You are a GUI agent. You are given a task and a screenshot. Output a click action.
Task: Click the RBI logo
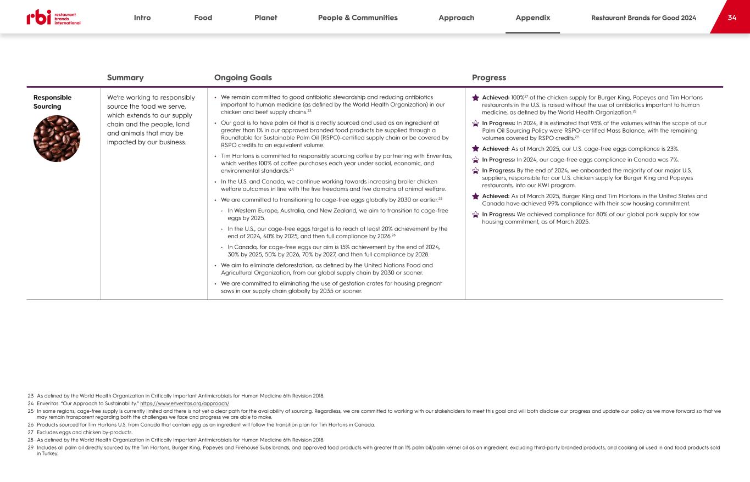click(53, 18)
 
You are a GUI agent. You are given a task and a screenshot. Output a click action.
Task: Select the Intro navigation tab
click(142, 18)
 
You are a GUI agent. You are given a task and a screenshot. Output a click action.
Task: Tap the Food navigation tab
click(203, 18)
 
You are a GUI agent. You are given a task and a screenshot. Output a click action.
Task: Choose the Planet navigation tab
click(265, 18)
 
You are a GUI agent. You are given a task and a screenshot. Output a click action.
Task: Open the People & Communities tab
click(358, 18)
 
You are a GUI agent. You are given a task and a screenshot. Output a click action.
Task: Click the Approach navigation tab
click(456, 18)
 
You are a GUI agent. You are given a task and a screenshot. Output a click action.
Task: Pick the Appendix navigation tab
click(532, 18)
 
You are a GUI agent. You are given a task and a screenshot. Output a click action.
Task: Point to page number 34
click(732, 18)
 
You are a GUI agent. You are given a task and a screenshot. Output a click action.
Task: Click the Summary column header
click(125, 78)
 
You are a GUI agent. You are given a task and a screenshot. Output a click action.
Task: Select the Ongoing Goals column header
click(243, 78)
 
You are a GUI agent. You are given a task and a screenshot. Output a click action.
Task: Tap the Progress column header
click(488, 78)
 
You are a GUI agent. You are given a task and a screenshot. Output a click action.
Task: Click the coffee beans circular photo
click(57, 138)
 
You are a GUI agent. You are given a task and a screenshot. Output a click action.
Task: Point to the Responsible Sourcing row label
click(52, 102)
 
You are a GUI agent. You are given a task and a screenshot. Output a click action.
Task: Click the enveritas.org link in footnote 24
click(185, 403)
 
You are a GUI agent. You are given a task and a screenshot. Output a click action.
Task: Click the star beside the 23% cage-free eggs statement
click(476, 149)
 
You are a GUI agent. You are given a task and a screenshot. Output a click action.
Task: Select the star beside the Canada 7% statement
click(476, 160)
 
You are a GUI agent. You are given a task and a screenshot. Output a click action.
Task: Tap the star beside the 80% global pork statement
click(476, 215)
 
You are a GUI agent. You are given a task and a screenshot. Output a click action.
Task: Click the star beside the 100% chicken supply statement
click(476, 98)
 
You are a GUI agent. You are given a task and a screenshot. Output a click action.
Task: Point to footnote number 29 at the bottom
click(31, 447)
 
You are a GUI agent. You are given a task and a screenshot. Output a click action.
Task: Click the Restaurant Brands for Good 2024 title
click(643, 18)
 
